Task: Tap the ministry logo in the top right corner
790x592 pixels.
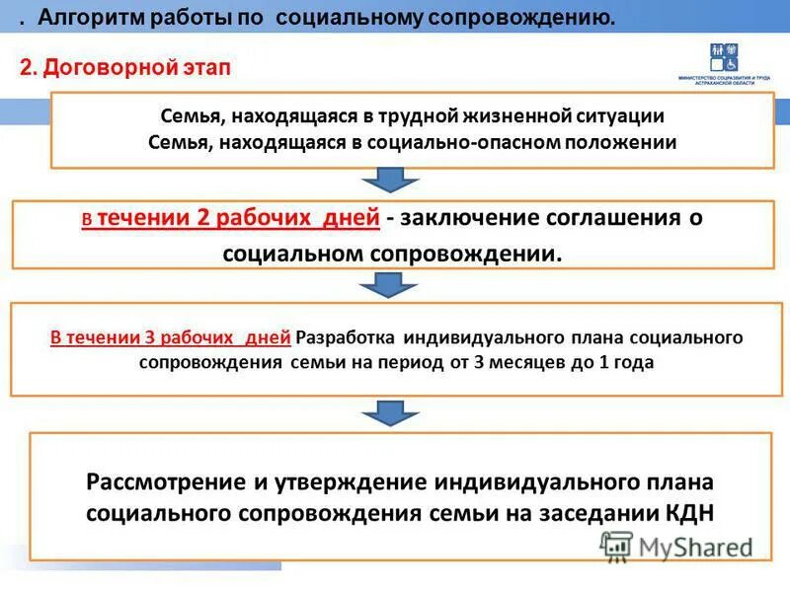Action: pos(729,64)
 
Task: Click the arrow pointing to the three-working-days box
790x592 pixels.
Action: pos(393,285)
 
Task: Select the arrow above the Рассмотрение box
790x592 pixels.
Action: pos(393,412)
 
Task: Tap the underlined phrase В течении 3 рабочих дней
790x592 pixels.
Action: pos(171,337)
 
